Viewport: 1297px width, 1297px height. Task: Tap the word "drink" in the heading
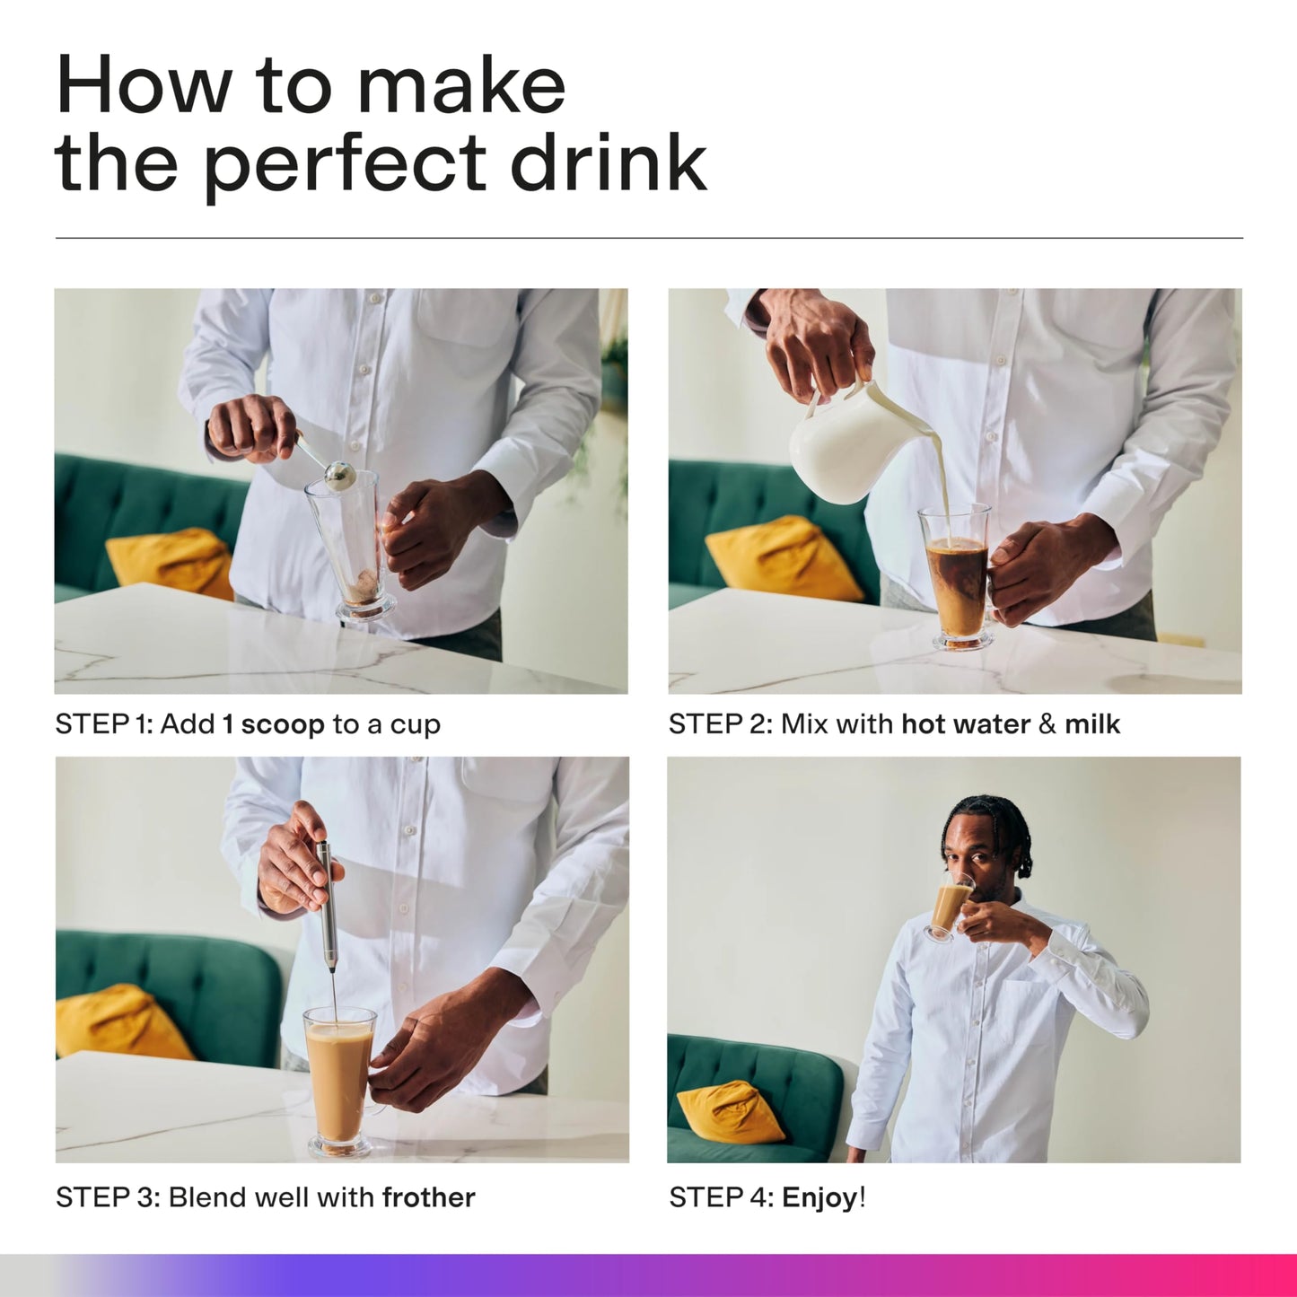coord(609,160)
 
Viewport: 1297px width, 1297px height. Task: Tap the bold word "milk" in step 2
coord(1091,724)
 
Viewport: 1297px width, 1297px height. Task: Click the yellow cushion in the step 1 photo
coord(171,564)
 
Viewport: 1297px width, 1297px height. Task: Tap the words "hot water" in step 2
coord(966,724)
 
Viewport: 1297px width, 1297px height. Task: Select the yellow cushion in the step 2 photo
coord(784,559)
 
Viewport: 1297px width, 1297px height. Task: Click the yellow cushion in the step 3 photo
coord(121,1022)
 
